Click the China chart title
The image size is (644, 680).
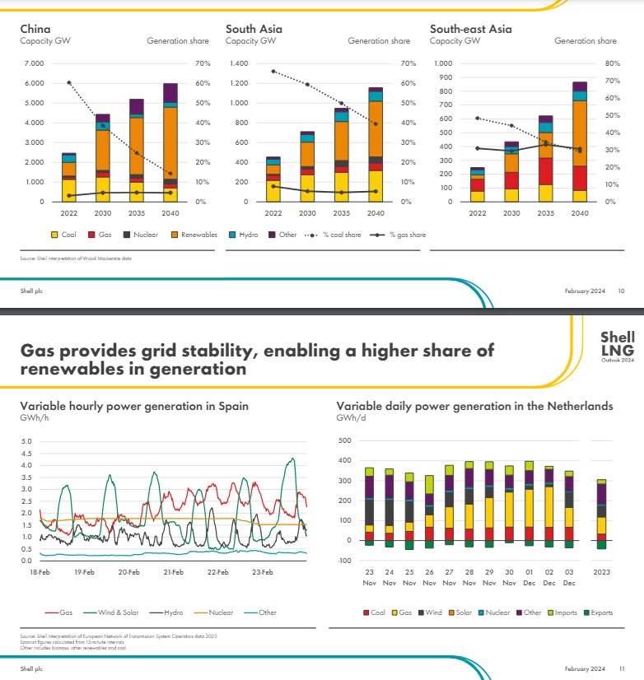tap(35, 29)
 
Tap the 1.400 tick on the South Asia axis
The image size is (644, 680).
tap(239, 63)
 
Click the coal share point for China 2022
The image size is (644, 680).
tap(68, 82)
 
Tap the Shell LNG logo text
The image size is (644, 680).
tap(617, 344)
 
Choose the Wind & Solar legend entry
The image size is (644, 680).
tap(117, 612)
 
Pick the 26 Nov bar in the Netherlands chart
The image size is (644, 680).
tap(428, 511)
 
